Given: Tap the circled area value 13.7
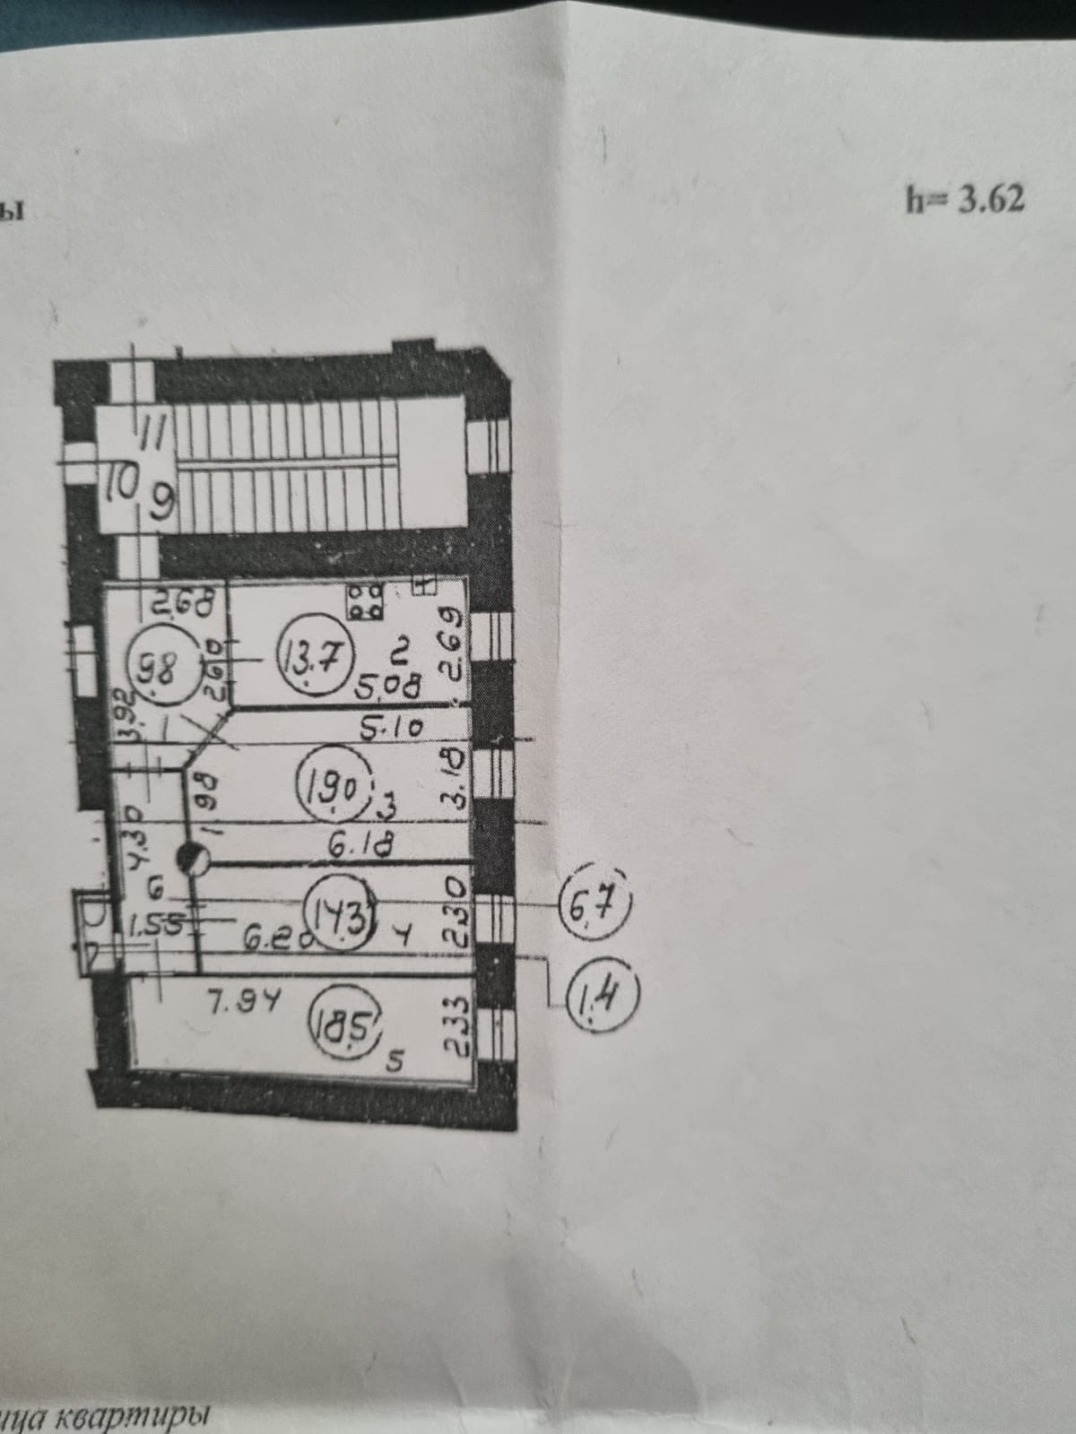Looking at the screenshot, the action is point(314,661).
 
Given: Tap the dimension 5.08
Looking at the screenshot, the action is point(386,688).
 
